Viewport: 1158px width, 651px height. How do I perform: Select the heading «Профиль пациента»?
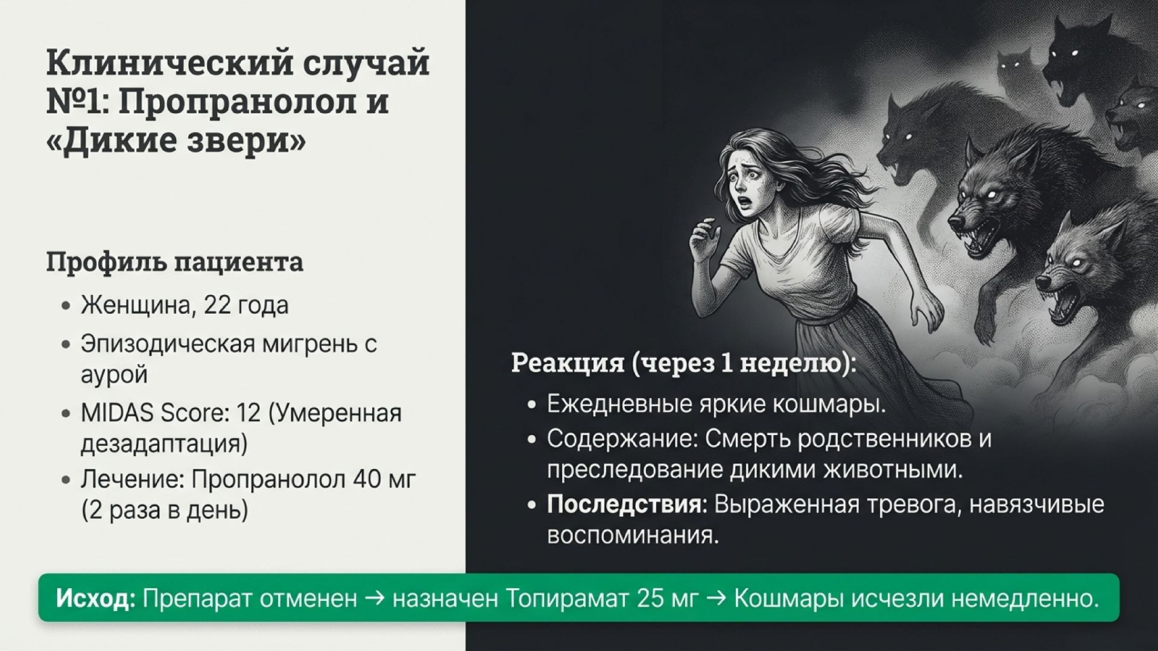click(x=175, y=262)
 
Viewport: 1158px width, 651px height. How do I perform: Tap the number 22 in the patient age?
click(x=217, y=306)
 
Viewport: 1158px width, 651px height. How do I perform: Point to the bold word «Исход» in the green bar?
click(x=95, y=599)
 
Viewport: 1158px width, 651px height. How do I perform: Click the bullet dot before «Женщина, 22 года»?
click(x=67, y=306)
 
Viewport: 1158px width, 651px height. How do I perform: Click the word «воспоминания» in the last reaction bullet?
click(x=633, y=536)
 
